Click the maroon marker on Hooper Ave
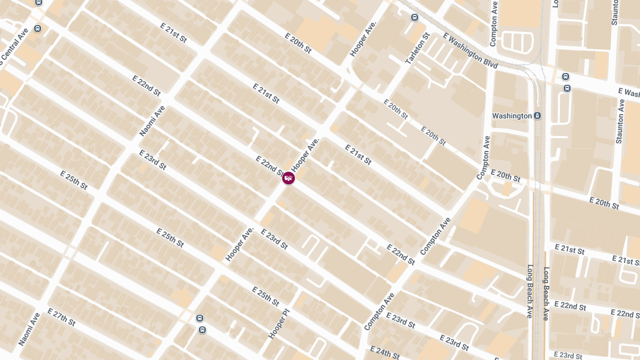tap(289, 178)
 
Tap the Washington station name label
tap(511, 116)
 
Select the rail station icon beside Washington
tap(538, 116)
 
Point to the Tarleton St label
tap(417, 49)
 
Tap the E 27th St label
tap(61, 317)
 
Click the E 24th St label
tap(385, 353)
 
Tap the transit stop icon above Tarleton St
tap(414, 18)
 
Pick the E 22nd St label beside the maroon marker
tap(269, 165)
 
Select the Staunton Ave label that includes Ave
tap(620, 121)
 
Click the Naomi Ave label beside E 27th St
tap(29, 329)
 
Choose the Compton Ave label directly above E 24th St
tap(379, 311)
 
